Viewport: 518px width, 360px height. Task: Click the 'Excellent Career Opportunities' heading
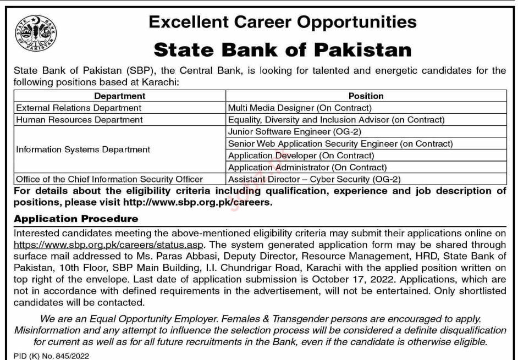pos(283,23)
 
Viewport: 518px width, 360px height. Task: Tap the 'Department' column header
pos(120,96)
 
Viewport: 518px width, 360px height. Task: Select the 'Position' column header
pos(366,96)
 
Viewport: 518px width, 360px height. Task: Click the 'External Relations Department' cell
pos(79,108)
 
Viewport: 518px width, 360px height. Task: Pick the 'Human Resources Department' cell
pos(79,119)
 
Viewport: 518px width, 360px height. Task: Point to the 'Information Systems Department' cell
pos(83,149)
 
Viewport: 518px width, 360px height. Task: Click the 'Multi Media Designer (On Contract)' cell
pos(300,108)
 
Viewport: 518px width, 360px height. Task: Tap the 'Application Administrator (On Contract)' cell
pos(307,167)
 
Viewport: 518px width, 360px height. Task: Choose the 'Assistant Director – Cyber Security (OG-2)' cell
pos(315,179)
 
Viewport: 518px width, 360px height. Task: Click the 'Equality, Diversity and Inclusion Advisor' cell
pos(336,119)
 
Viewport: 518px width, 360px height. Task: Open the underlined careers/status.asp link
pos(109,244)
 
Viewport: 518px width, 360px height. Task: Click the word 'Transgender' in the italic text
pos(318,318)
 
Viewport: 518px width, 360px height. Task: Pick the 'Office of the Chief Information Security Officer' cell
pos(109,179)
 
